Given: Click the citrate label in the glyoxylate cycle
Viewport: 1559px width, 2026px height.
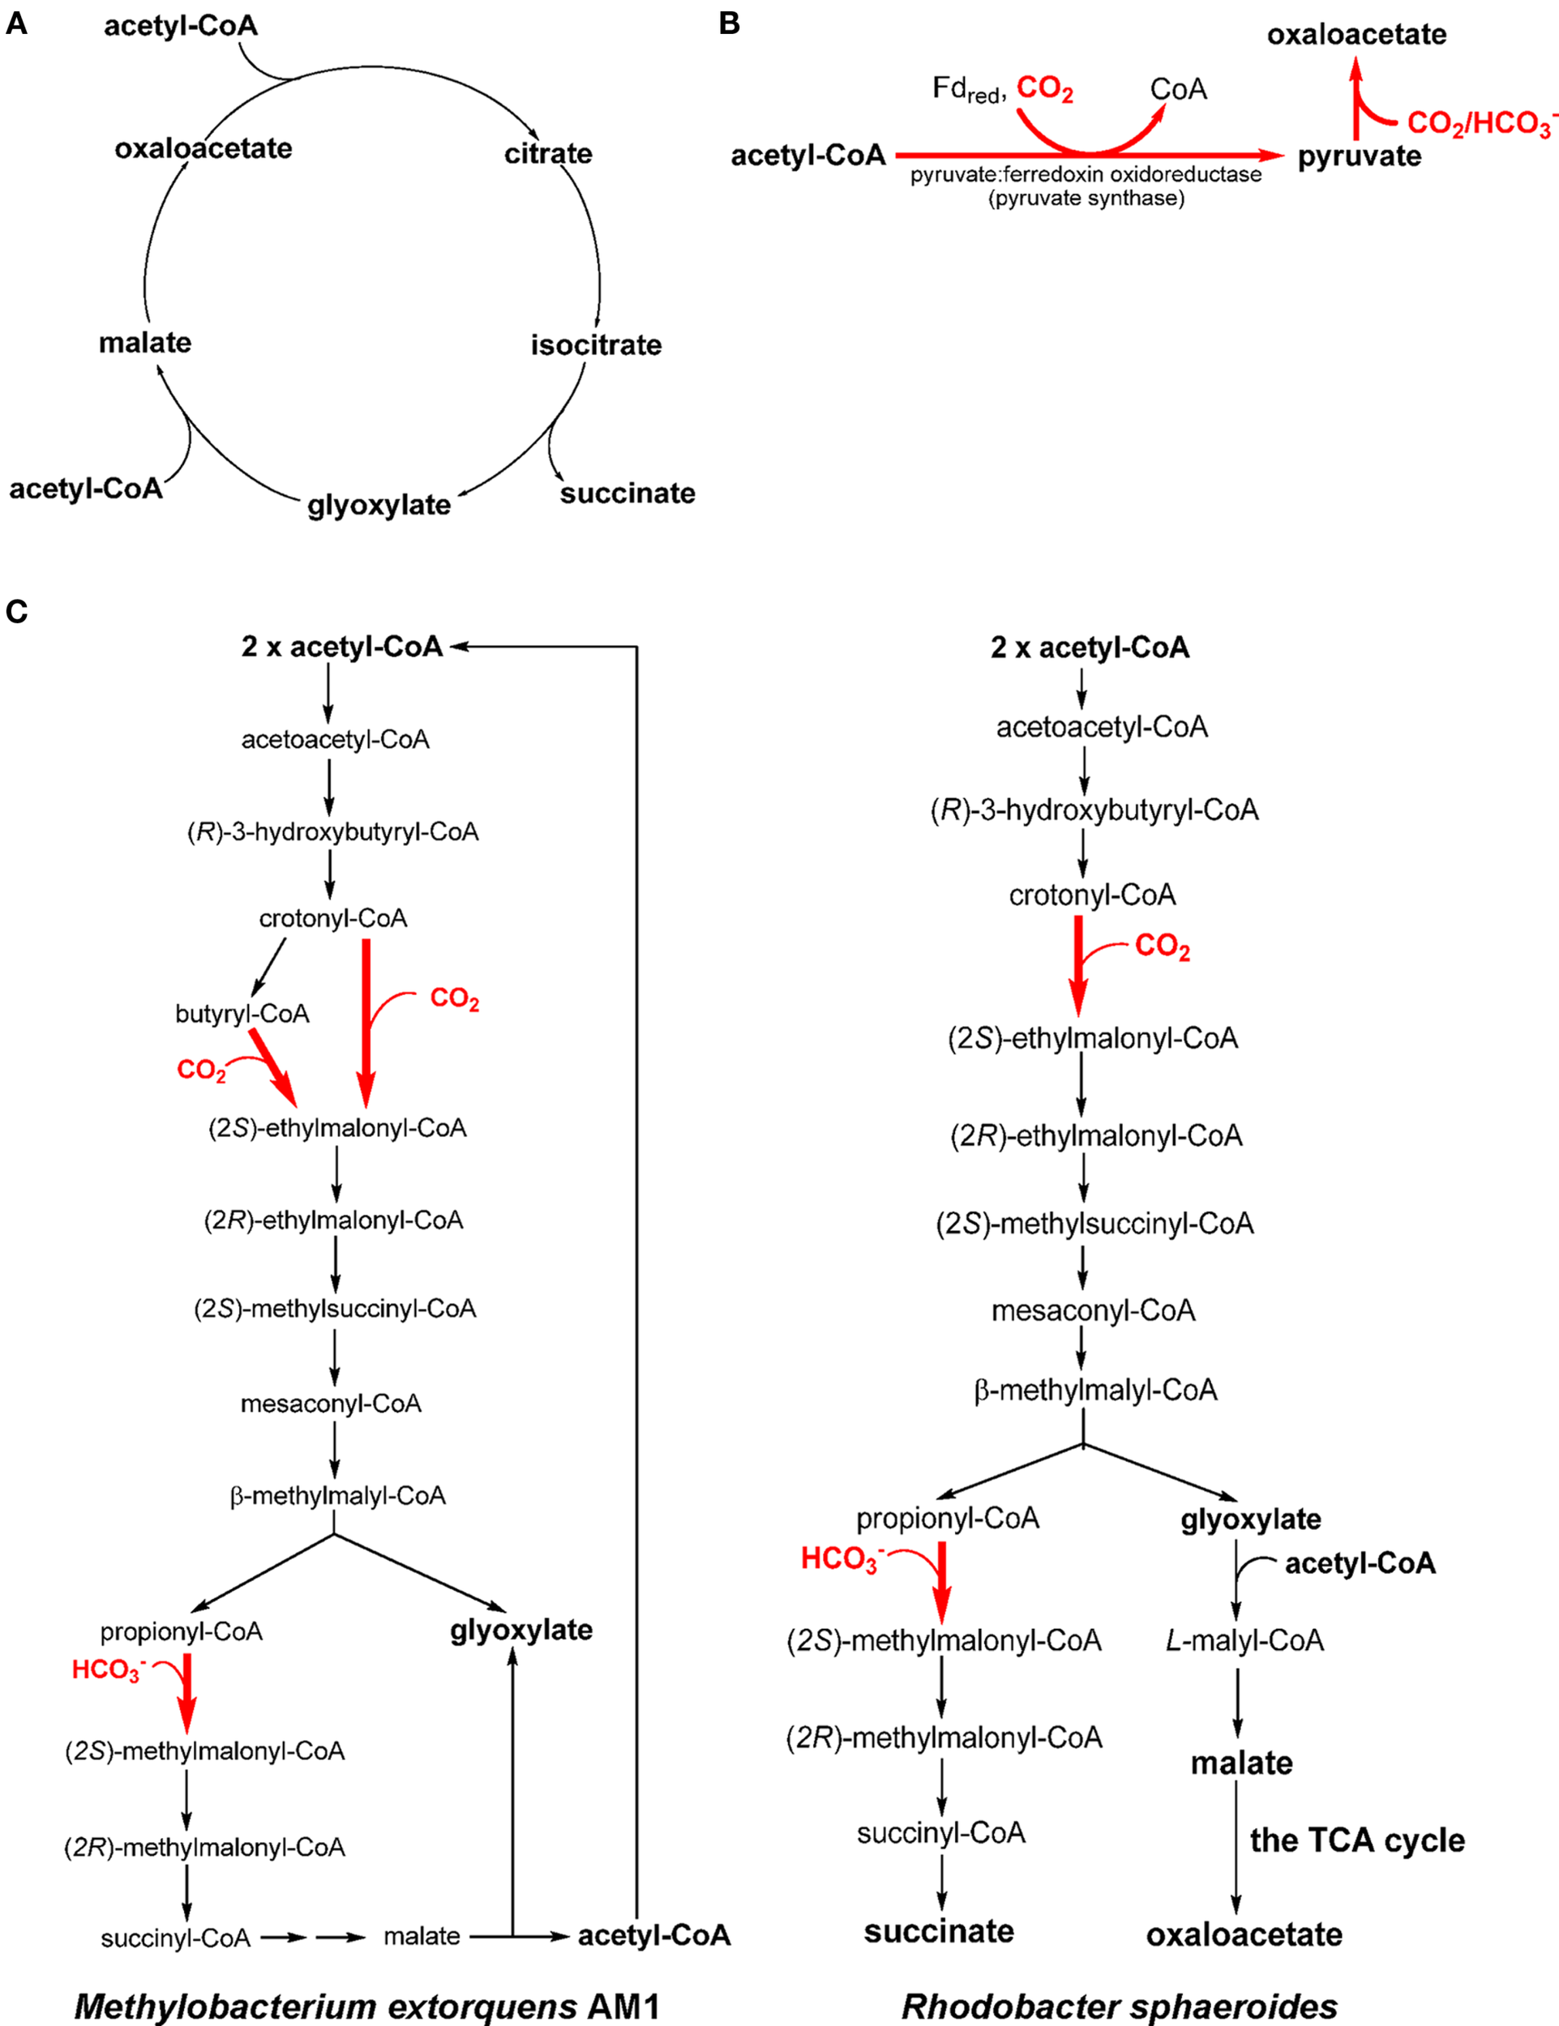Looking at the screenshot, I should coord(547,154).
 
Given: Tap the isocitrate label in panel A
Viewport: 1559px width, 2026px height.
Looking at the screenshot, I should coord(596,345).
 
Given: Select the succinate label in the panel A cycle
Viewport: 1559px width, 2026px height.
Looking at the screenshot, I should coord(627,494).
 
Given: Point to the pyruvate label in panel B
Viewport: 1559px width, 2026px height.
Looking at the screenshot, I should coord(1359,156).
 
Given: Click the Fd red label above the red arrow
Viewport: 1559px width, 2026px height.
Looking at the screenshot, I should coord(968,90).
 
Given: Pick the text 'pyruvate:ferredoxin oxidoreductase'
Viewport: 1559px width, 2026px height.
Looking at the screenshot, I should coord(1086,174).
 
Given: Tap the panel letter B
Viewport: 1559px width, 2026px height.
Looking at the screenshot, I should coord(730,24).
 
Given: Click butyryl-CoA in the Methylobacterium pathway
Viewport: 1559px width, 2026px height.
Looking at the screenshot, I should coord(242,1014).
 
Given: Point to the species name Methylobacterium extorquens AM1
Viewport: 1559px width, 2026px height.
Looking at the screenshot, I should coord(366,2006).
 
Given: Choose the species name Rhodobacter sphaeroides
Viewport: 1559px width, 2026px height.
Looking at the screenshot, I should coord(1119,2006).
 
